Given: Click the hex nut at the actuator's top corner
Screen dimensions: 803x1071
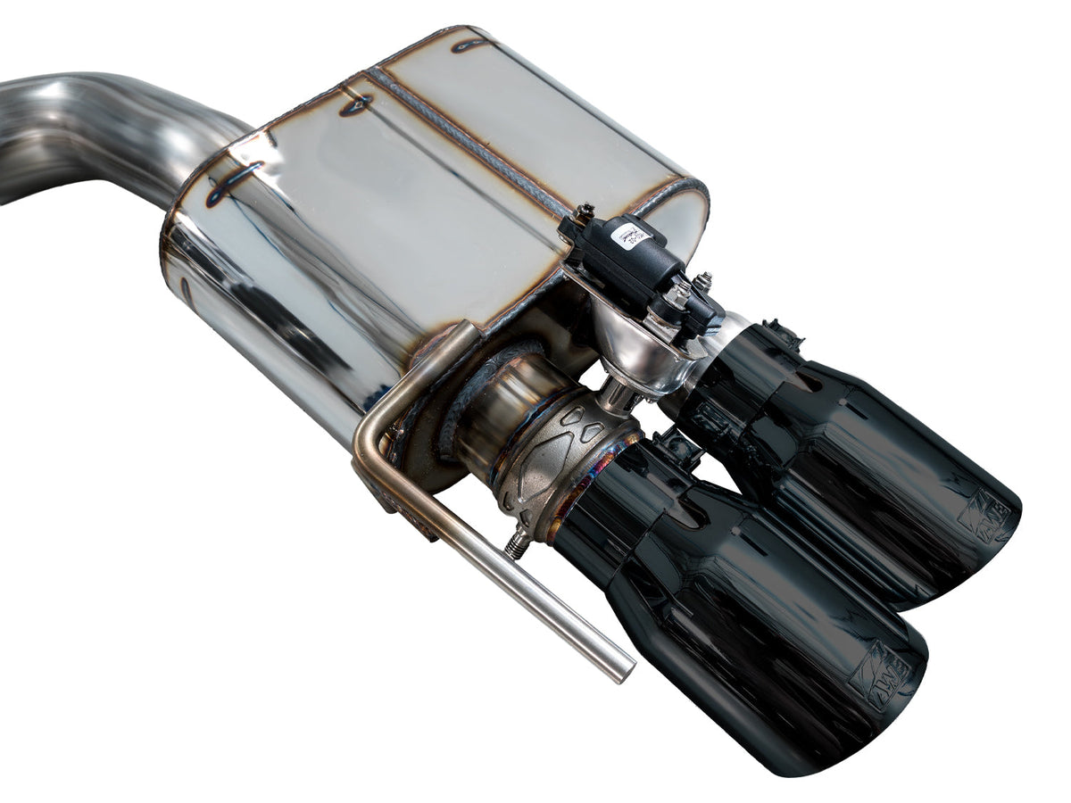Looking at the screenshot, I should pos(585,212).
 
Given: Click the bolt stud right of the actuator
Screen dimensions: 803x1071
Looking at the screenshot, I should pos(705,284).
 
